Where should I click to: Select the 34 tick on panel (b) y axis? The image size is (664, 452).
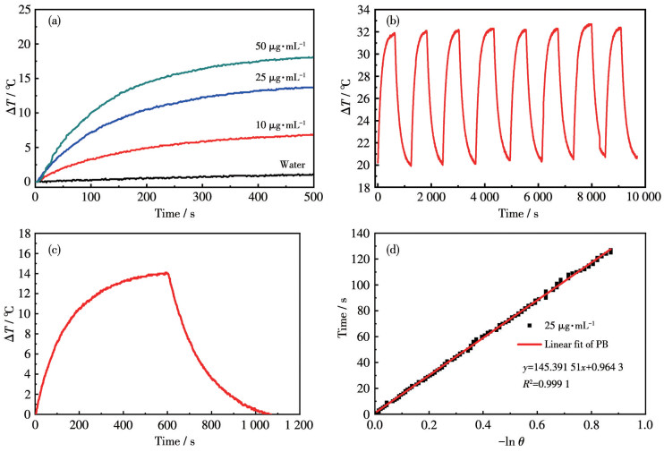coord(364,9)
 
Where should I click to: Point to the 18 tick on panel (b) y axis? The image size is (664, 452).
coord(364,186)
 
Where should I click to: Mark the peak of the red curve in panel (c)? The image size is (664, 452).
coord(168,273)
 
